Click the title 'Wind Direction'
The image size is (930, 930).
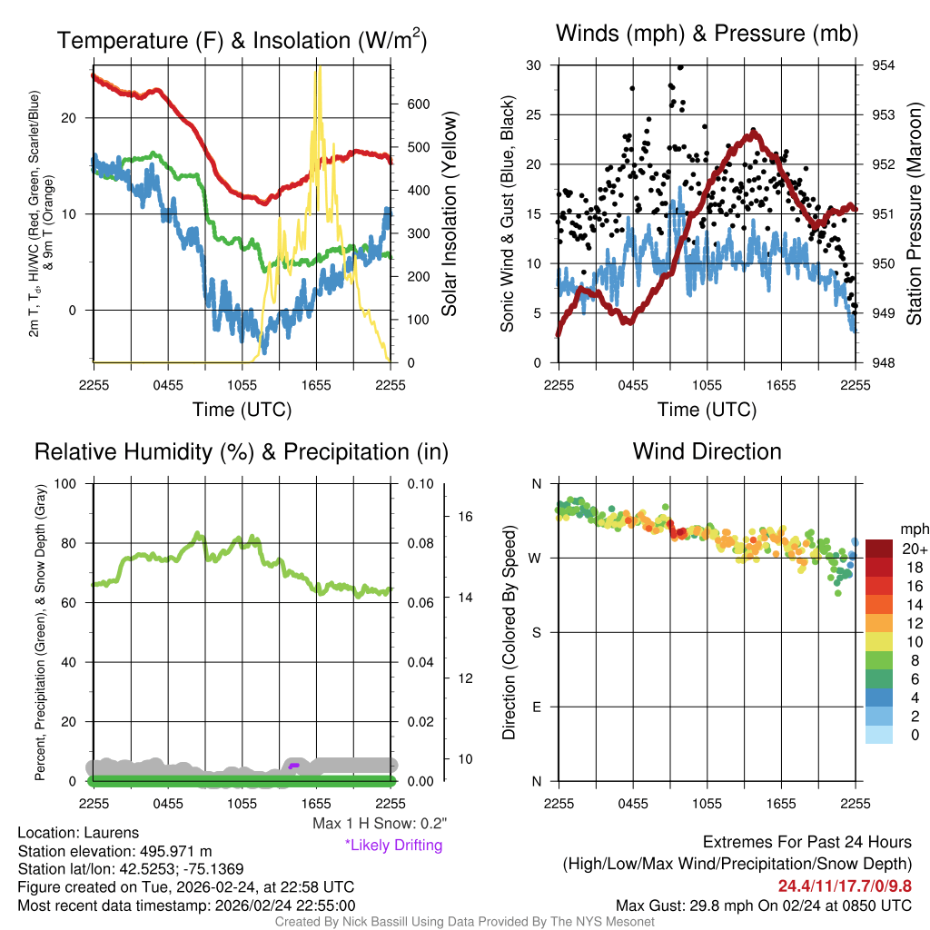707,451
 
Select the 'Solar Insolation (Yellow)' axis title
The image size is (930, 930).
449,214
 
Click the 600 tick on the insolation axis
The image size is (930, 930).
417,104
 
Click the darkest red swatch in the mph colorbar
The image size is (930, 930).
878,549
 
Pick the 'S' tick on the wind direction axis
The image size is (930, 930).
535,632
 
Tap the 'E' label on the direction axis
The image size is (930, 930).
535,707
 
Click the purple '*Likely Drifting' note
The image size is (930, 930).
393,845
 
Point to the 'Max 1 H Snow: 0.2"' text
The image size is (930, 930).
379,824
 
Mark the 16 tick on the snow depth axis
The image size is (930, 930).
466,517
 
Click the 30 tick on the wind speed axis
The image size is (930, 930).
535,65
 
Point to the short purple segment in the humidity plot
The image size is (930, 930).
292,767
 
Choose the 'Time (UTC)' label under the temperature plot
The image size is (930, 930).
242,410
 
